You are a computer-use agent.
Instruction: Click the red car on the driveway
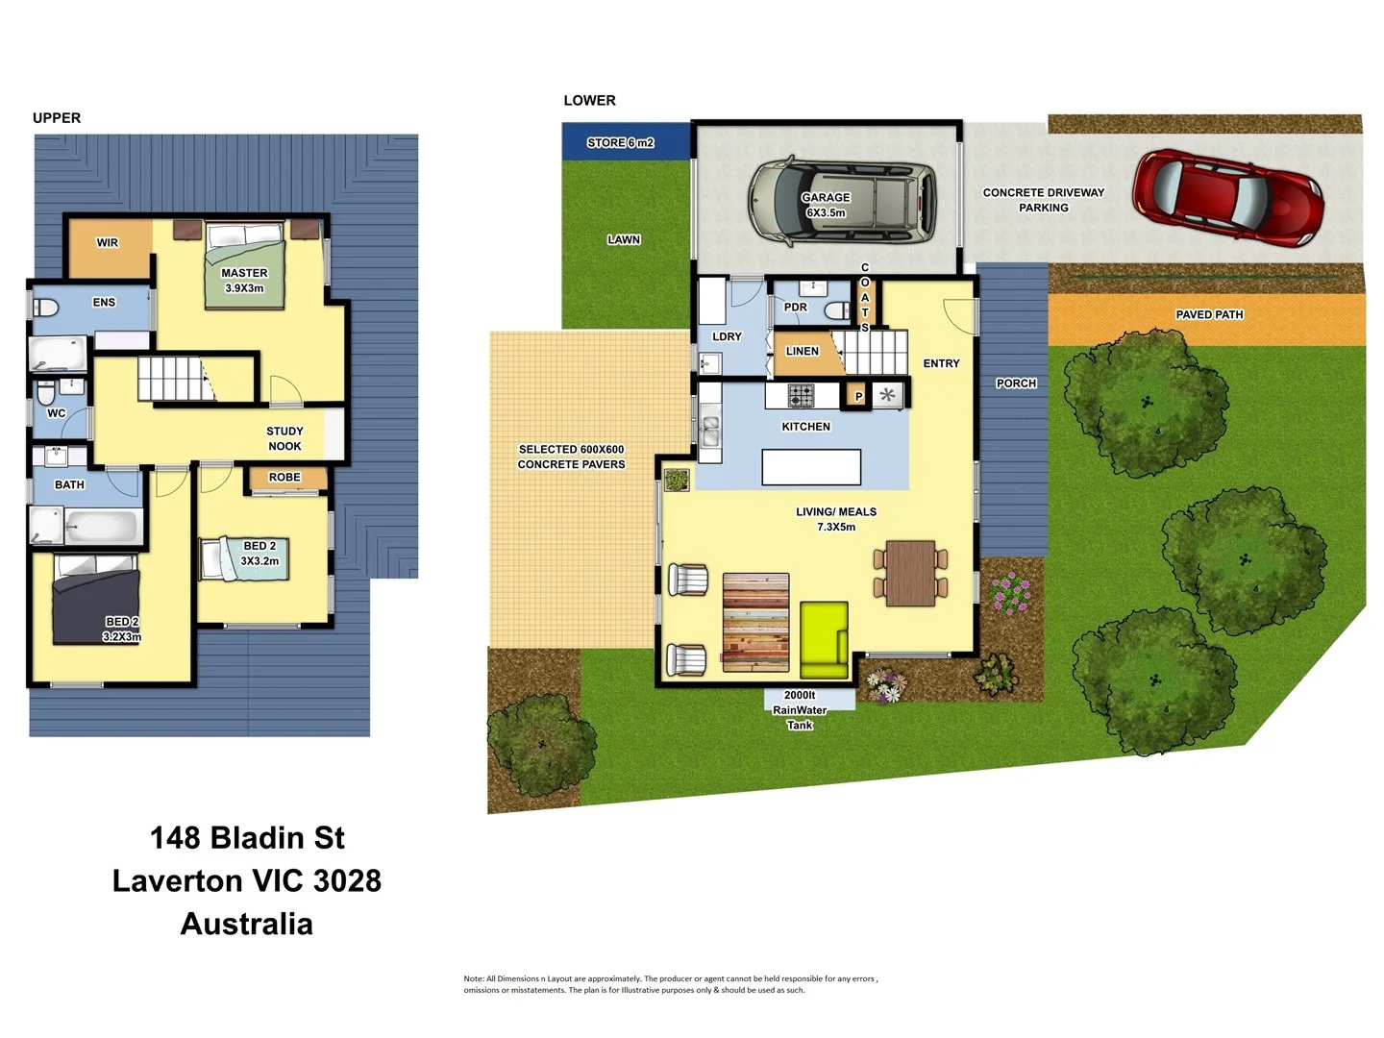click(1227, 197)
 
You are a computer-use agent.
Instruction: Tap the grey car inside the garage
click(842, 200)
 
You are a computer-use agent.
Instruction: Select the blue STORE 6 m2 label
click(621, 142)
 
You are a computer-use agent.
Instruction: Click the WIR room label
click(108, 242)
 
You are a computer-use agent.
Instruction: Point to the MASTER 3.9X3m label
click(244, 280)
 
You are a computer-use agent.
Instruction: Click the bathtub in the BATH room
click(102, 526)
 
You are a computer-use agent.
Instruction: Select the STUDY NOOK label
click(284, 438)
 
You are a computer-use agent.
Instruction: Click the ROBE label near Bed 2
click(284, 477)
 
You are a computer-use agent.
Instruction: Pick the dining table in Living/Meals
click(910, 573)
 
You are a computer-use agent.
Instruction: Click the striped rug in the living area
click(755, 622)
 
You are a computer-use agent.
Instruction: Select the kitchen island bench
click(811, 467)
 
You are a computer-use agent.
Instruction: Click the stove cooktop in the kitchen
click(801, 395)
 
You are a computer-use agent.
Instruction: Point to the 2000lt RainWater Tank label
click(800, 709)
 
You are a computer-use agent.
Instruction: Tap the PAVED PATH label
click(1209, 314)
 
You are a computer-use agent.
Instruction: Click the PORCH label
click(1016, 383)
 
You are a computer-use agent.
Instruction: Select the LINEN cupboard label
click(802, 351)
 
